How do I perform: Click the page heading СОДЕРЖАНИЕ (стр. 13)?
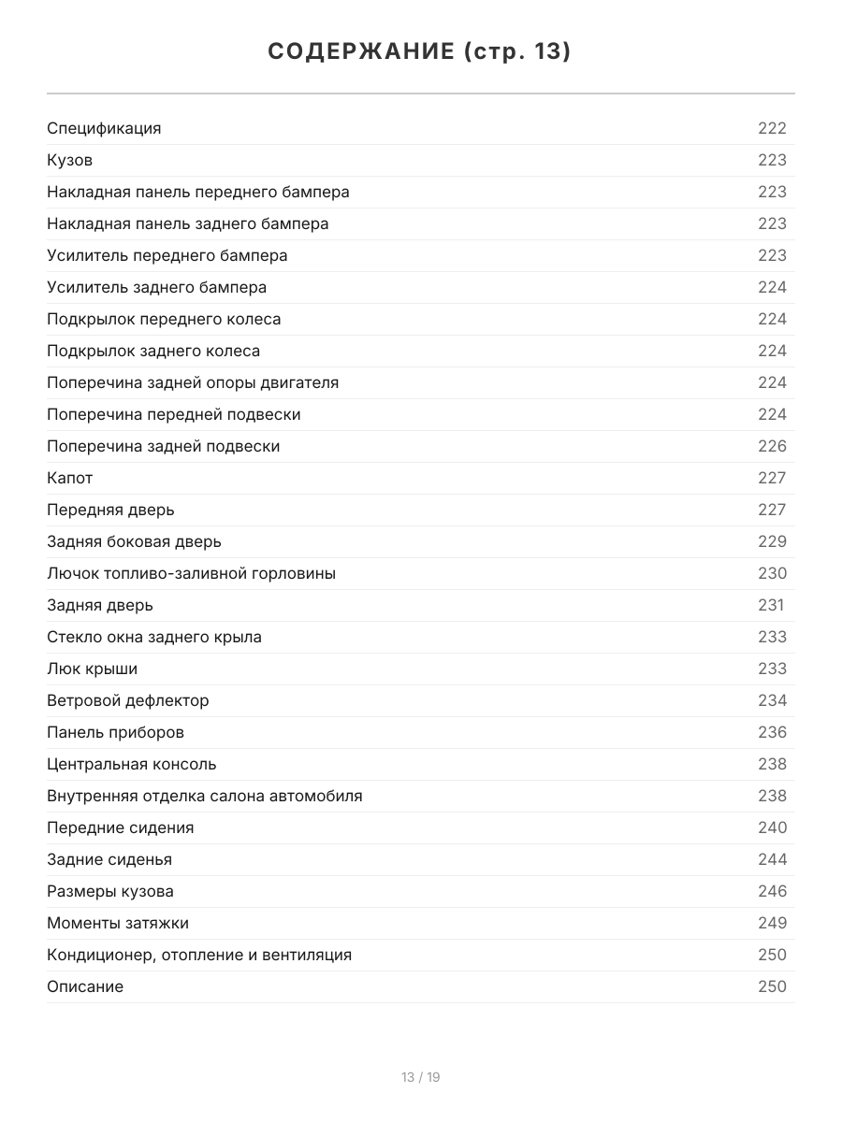pyautogui.click(x=420, y=51)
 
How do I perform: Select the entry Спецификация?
pyautogui.click(x=104, y=128)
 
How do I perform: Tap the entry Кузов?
pyautogui.click(x=70, y=160)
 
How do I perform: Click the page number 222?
pyautogui.click(x=772, y=128)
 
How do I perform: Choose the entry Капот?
pyautogui.click(x=70, y=478)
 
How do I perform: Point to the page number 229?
pyautogui.click(x=772, y=541)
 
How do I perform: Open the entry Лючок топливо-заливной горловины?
pyautogui.click(x=191, y=573)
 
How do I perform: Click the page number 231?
pyautogui.click(x=771, y=605)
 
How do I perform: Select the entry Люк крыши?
pyautogui.click(x=92, y=669)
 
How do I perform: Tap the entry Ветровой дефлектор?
pyautogui.click(x=128, y=700)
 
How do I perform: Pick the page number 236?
pyautogui.click(x=772, y=732)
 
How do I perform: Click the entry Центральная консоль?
pyautogui.click(x=132, y=764)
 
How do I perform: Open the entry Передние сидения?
pyautogui.click(x=121, y=827)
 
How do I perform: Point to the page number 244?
pyautogui.click(x=772, y=859)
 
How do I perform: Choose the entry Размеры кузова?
pyautogui.click(x=110, y=891)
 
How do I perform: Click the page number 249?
pyautogui.click(x=772, y=923)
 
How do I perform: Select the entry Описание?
pyautogui.click(x=85, y=986)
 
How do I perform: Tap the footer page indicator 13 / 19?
pyautogui.click(x=421, y=1077)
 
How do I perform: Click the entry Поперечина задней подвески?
pyautogui.click(x=164, y=446)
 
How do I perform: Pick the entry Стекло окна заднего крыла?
pyautogui.click(x=154, y=637)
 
